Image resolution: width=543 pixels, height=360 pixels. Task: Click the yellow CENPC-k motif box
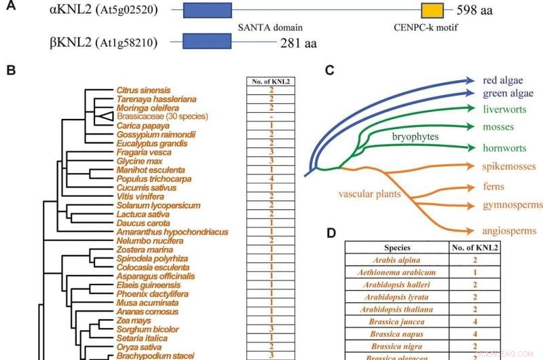[432, 12]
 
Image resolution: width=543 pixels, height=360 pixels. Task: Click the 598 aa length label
[473, 12]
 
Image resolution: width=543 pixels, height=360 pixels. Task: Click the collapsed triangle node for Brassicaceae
[102, 117]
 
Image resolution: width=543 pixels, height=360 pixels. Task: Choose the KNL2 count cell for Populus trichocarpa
[271, 179]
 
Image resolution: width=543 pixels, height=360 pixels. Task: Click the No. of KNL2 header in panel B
[271, 82]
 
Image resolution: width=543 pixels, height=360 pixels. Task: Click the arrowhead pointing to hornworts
[470, 148]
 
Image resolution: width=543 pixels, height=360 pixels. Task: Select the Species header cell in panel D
[397, 248]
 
